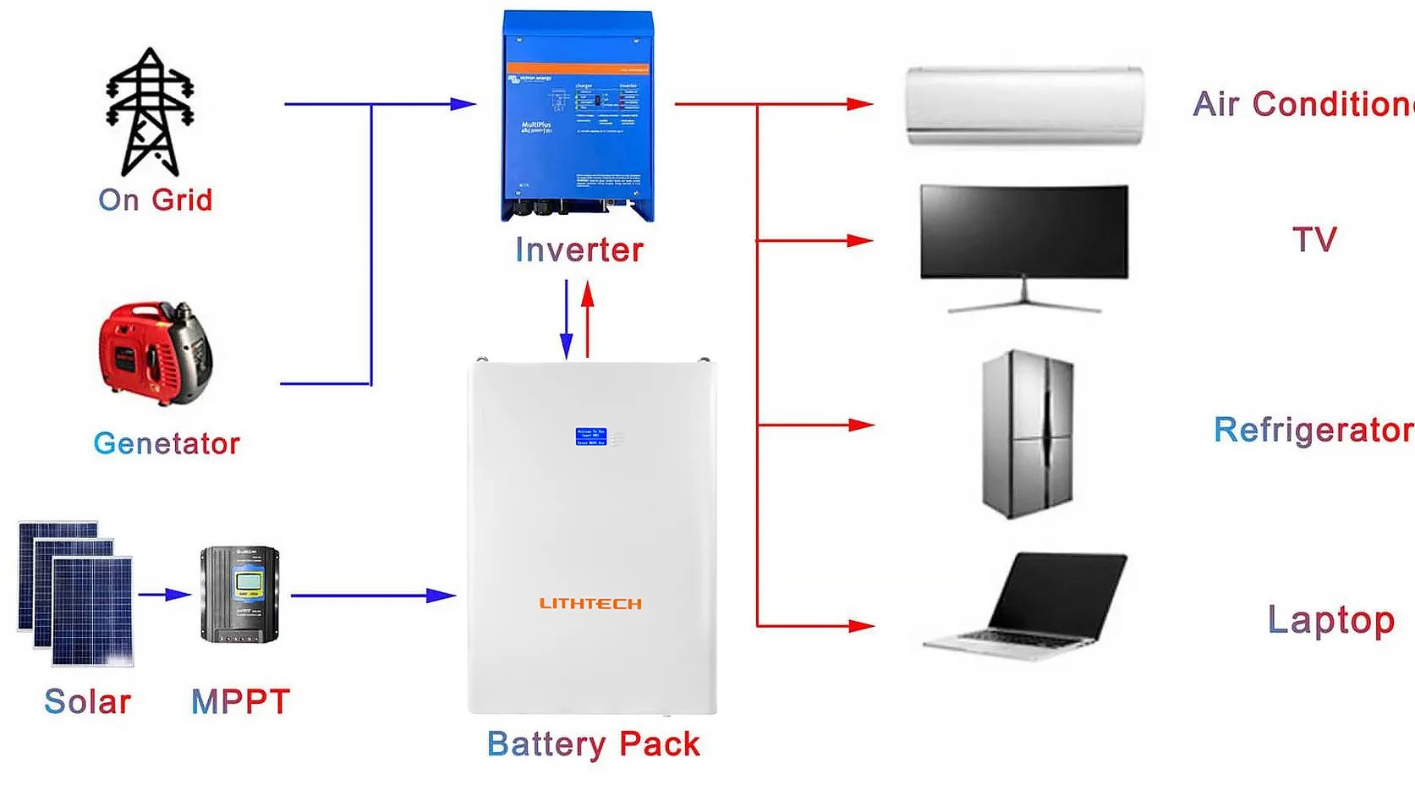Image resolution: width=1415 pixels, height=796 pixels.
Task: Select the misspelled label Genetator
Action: [167, 443]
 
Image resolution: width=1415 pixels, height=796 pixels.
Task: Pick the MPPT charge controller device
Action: [239, 594]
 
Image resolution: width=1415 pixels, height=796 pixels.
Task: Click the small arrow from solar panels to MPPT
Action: [166, 595]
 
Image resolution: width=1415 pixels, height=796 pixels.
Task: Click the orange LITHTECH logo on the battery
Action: [590, 603]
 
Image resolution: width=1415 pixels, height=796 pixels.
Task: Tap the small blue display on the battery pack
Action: [590, 436]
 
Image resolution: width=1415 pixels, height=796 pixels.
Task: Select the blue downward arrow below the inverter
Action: [567, 321]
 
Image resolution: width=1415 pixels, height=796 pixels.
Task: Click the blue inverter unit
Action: [578, 116]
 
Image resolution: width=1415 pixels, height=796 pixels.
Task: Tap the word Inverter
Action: [579, 250]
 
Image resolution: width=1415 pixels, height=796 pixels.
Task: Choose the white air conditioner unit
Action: [1024, 106]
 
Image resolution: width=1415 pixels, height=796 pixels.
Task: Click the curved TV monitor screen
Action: [1023, 231]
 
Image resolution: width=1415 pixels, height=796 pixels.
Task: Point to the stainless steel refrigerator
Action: [1027, 433]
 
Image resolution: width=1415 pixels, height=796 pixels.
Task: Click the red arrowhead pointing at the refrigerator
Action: [861, 425]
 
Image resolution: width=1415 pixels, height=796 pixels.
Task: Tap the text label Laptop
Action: [1330, 621]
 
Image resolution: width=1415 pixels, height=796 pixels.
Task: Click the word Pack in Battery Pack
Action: [659, 744]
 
